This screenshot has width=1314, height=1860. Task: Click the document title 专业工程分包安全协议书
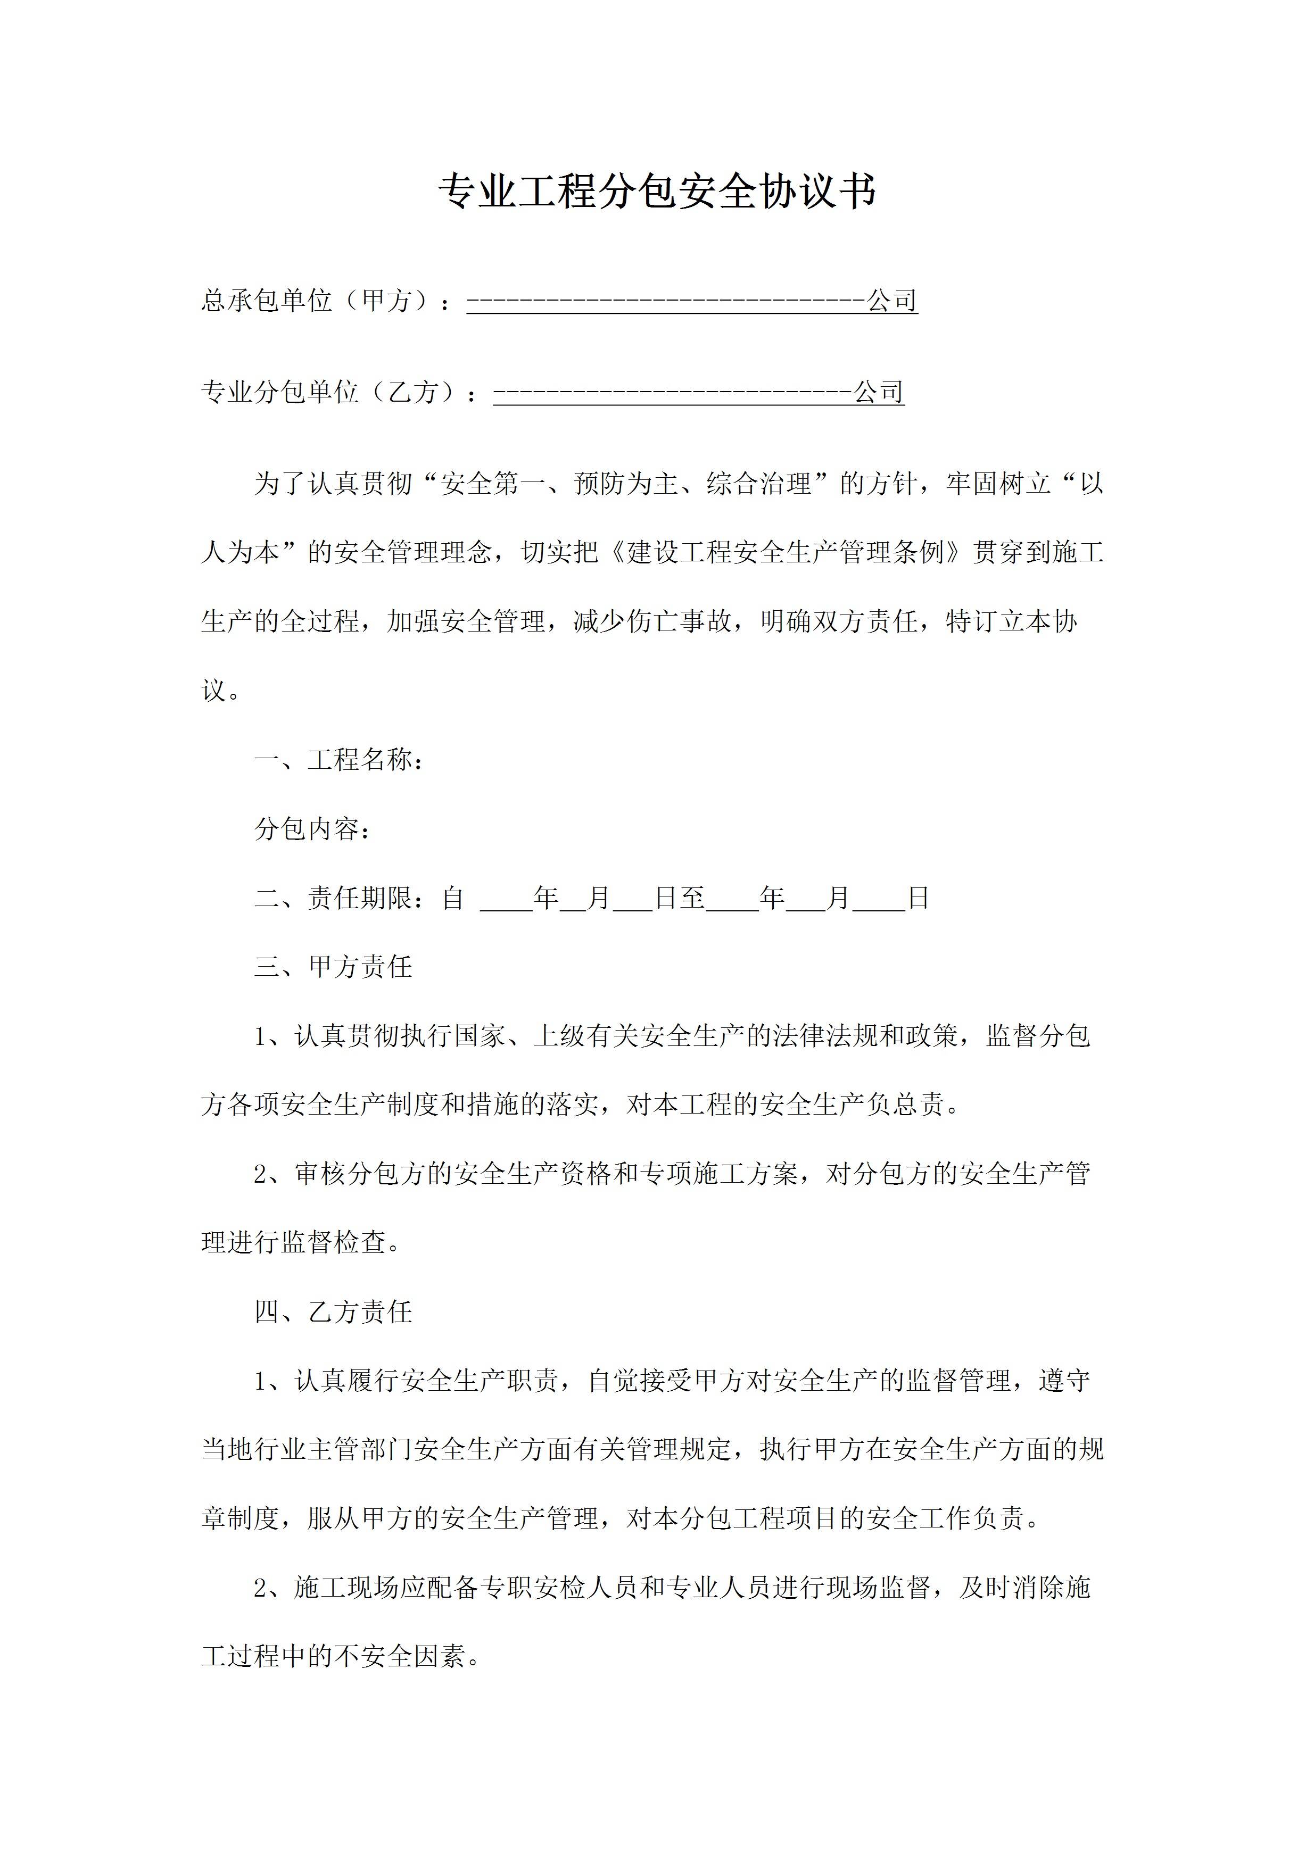tap(656, 193)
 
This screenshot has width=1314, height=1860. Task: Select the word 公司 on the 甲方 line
tap(892, 301)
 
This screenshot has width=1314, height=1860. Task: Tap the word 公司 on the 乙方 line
tap(879, 393)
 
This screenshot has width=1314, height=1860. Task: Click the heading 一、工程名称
tap(338, 760)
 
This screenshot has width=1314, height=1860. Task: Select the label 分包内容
tap(311, 829)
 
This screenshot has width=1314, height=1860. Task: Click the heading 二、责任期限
tap(338, 898)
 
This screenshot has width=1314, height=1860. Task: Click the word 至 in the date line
tap(692, 898)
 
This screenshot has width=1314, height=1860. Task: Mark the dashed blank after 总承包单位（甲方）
tap(666, 301)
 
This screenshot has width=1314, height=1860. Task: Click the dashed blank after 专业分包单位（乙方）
tap(672, 393)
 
